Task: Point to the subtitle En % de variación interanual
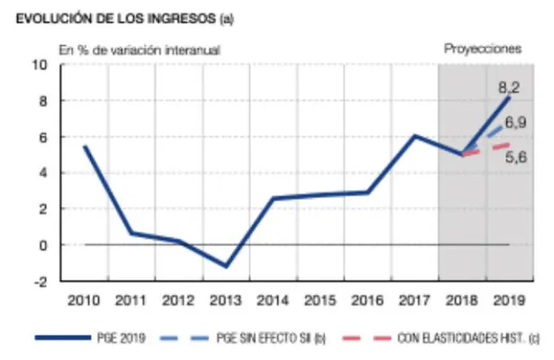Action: [139, 50]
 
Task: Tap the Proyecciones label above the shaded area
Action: [482, 49]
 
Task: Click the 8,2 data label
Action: [508, 87]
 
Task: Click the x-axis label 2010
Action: [84, 300]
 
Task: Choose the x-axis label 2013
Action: [226, 300]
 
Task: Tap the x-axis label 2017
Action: [415, 300]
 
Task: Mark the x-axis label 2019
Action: [509, 300]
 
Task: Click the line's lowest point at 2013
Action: [226, 267]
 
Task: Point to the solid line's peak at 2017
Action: [415, 136]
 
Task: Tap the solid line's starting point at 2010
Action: [84, 146]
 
